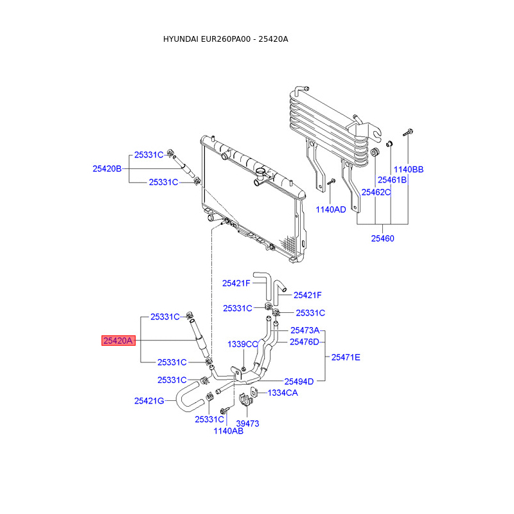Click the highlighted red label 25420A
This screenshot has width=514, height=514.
[118, 341]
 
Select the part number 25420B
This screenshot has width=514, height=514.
[107, 168]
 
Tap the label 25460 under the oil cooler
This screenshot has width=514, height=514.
[382, 238]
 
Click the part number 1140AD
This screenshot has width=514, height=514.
[331, 209]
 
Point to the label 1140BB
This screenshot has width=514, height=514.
[409, 170]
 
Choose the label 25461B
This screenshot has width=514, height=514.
[392, 180]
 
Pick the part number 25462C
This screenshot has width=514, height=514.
[376, 192]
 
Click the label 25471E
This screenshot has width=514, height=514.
[346, 357]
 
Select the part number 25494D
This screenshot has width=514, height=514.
[299, 382]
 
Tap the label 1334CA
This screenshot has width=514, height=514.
[283, 393]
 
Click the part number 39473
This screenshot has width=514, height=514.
[247, 423]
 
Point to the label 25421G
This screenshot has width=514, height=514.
[149, 401]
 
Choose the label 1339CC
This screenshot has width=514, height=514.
[243, 344]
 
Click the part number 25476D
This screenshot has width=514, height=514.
[304, 342]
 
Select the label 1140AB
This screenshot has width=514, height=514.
[229, 431]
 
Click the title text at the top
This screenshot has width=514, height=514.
[226, 39]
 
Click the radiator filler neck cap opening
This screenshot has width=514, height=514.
[261, 171]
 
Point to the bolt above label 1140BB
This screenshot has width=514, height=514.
[407, 132]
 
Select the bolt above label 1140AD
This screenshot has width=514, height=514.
[331, 181]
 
